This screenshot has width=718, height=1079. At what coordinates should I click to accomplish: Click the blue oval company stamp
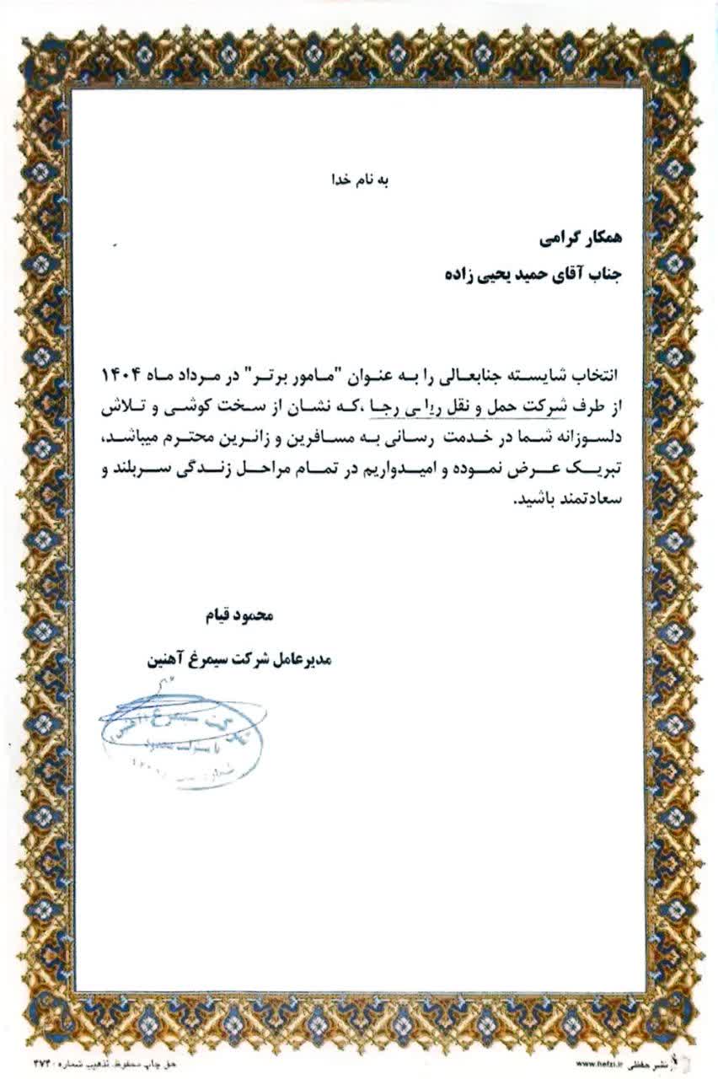[x=181, y=735]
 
